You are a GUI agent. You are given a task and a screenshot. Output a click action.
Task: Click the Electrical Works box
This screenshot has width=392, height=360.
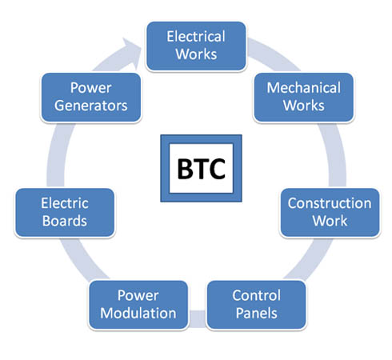click(x=196, y=46)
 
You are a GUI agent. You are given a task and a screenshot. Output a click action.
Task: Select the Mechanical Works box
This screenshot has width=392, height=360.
click(x=304, y=98)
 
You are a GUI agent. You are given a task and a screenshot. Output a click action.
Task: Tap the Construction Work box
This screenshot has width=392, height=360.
click(x=330, y=213)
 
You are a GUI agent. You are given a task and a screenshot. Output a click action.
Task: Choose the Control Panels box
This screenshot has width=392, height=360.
click(x=256, y=305)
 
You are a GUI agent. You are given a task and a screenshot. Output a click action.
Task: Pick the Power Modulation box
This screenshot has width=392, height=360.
click(x=138, y=305)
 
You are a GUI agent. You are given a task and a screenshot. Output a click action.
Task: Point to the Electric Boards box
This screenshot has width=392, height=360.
click(x=65, y=213)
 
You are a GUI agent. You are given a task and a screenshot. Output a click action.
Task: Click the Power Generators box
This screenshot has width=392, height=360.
click(x=91, y=98)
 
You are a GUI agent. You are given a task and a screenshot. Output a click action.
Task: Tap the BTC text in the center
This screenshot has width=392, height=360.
click(x=202, y=169)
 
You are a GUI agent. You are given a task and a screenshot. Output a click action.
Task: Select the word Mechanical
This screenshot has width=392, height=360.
click(x=304, y=88)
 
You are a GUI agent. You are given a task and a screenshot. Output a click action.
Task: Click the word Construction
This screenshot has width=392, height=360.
click(x=330, y=203)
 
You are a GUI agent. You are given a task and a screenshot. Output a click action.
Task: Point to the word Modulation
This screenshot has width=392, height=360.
click(x=138, y=313)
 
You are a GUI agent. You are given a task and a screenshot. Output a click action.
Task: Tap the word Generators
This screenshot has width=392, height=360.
click(x=91, y=106)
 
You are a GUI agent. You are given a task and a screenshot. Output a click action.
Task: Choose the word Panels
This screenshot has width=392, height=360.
click(x=257, y=313)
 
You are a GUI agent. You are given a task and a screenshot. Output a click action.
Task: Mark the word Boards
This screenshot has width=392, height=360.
click(x=65, y=221)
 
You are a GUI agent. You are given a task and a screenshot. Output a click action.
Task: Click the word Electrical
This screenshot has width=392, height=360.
click(x=196, y=37)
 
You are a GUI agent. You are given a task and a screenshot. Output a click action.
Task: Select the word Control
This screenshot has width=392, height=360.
click(x=257, y=295)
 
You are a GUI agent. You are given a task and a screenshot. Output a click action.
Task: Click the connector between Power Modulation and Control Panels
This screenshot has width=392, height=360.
click(x=198, y=318)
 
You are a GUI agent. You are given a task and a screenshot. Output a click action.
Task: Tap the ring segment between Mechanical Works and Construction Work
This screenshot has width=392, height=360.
click(x=335, y=154)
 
